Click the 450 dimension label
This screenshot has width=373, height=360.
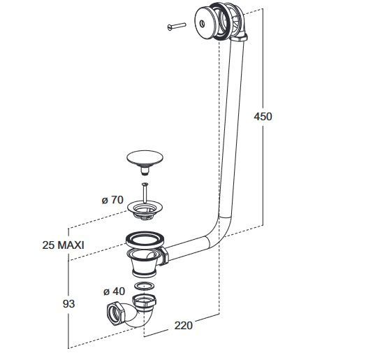[263, 117]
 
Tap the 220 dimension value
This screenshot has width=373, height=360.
[184, 326]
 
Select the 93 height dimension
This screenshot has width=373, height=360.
[68, 304]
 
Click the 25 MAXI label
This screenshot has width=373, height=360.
[63, 245]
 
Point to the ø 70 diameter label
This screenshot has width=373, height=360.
[112, 200]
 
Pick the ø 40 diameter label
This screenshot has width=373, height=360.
[114, 291]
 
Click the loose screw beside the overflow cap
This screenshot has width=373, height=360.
[177, 26]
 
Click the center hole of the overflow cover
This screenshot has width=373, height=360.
[203, 23]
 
